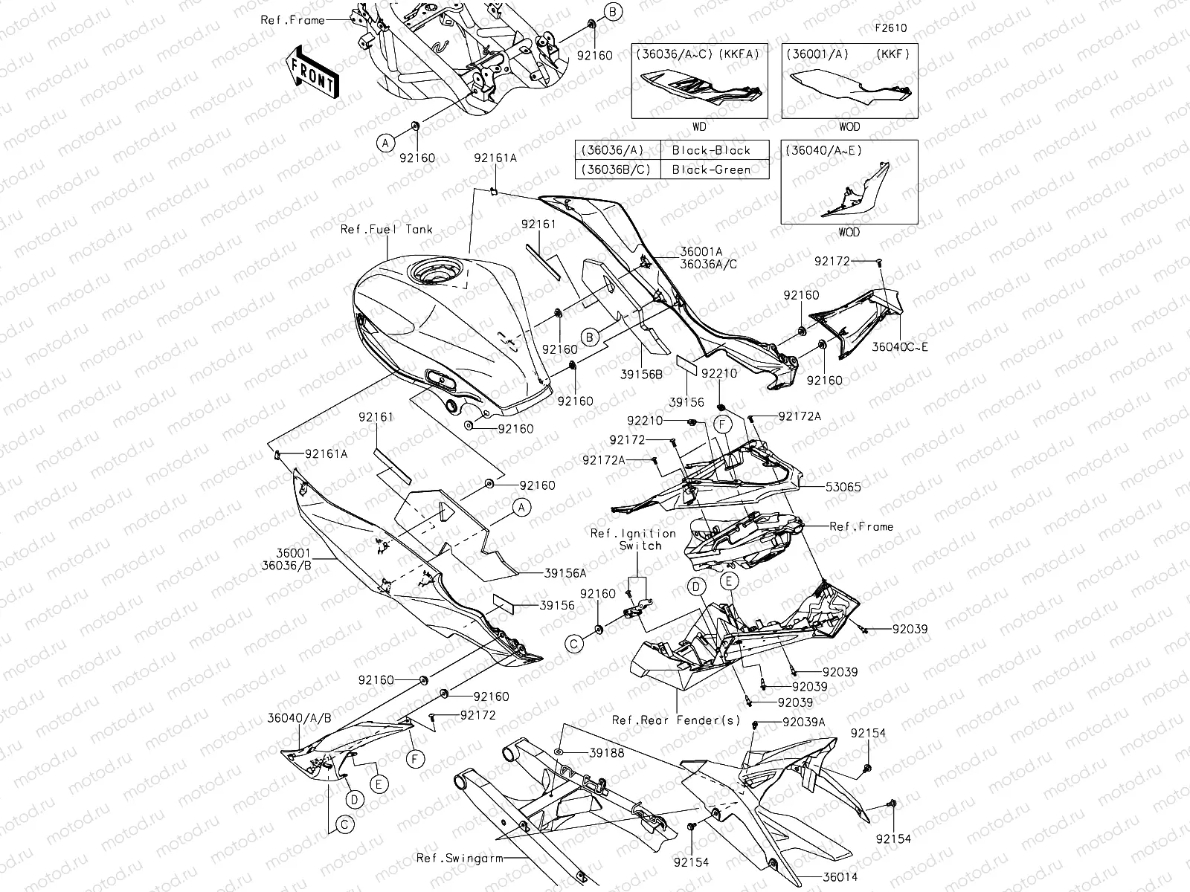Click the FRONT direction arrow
[313, 71]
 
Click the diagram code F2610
[890, 29]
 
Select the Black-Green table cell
[710, 169]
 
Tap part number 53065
[843, 487]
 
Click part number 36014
[839, 876]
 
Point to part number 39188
[606, 753]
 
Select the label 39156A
[565, 573]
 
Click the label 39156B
[640, 374]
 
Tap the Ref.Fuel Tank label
[386, 229]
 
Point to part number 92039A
[804, 722]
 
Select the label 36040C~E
[900, 346]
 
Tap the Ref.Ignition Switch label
[633, 539]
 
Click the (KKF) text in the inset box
[893, 54]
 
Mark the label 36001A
[701, 252]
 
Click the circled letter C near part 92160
[573, 644]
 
